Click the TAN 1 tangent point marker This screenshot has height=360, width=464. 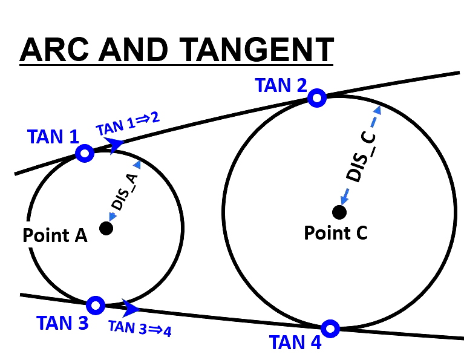(85, 153)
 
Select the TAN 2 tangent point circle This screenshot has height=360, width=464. (316, 97)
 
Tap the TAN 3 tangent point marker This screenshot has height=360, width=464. (96, 304)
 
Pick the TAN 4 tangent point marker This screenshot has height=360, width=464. (330, 329)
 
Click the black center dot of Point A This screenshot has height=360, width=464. (106, 228)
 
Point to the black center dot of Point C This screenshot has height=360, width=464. (339, 212)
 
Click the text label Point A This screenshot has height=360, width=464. (55, 235)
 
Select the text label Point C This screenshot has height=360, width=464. (336, 232)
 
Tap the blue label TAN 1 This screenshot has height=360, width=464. (53, 137)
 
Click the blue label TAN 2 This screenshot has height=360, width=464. (281, 85)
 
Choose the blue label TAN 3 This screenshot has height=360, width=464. (62, 323)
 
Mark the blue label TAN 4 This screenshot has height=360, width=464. (295, 342)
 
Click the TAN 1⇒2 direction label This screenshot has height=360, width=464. (128, 124)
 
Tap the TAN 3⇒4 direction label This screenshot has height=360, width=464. (140, 327)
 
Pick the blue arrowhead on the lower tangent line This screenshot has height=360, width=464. (130, 308)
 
